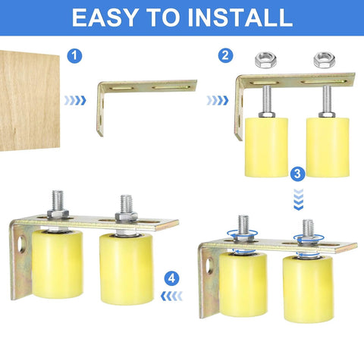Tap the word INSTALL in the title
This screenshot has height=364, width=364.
(x=240, y=17)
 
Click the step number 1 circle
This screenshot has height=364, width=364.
(x=74, y=55)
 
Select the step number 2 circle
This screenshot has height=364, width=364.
(x=224, y=55)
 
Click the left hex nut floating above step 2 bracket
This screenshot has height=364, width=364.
(x=265, y=58)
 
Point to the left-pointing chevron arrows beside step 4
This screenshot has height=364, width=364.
(x=172, y=297)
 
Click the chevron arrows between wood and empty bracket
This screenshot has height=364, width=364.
(x=74, y=100)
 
